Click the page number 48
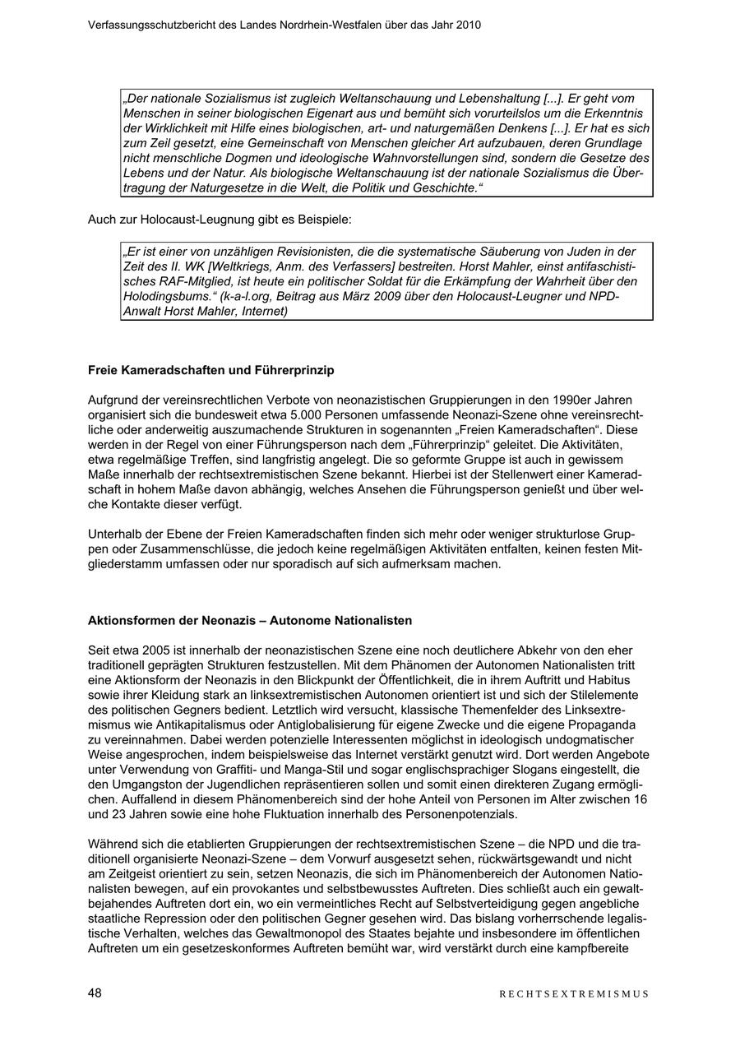click(x=95, y=993)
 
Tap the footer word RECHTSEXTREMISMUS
click(x=574, y=993)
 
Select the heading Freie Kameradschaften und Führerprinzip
click(x=210, y=371)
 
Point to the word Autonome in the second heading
click(x=297, y=620)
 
